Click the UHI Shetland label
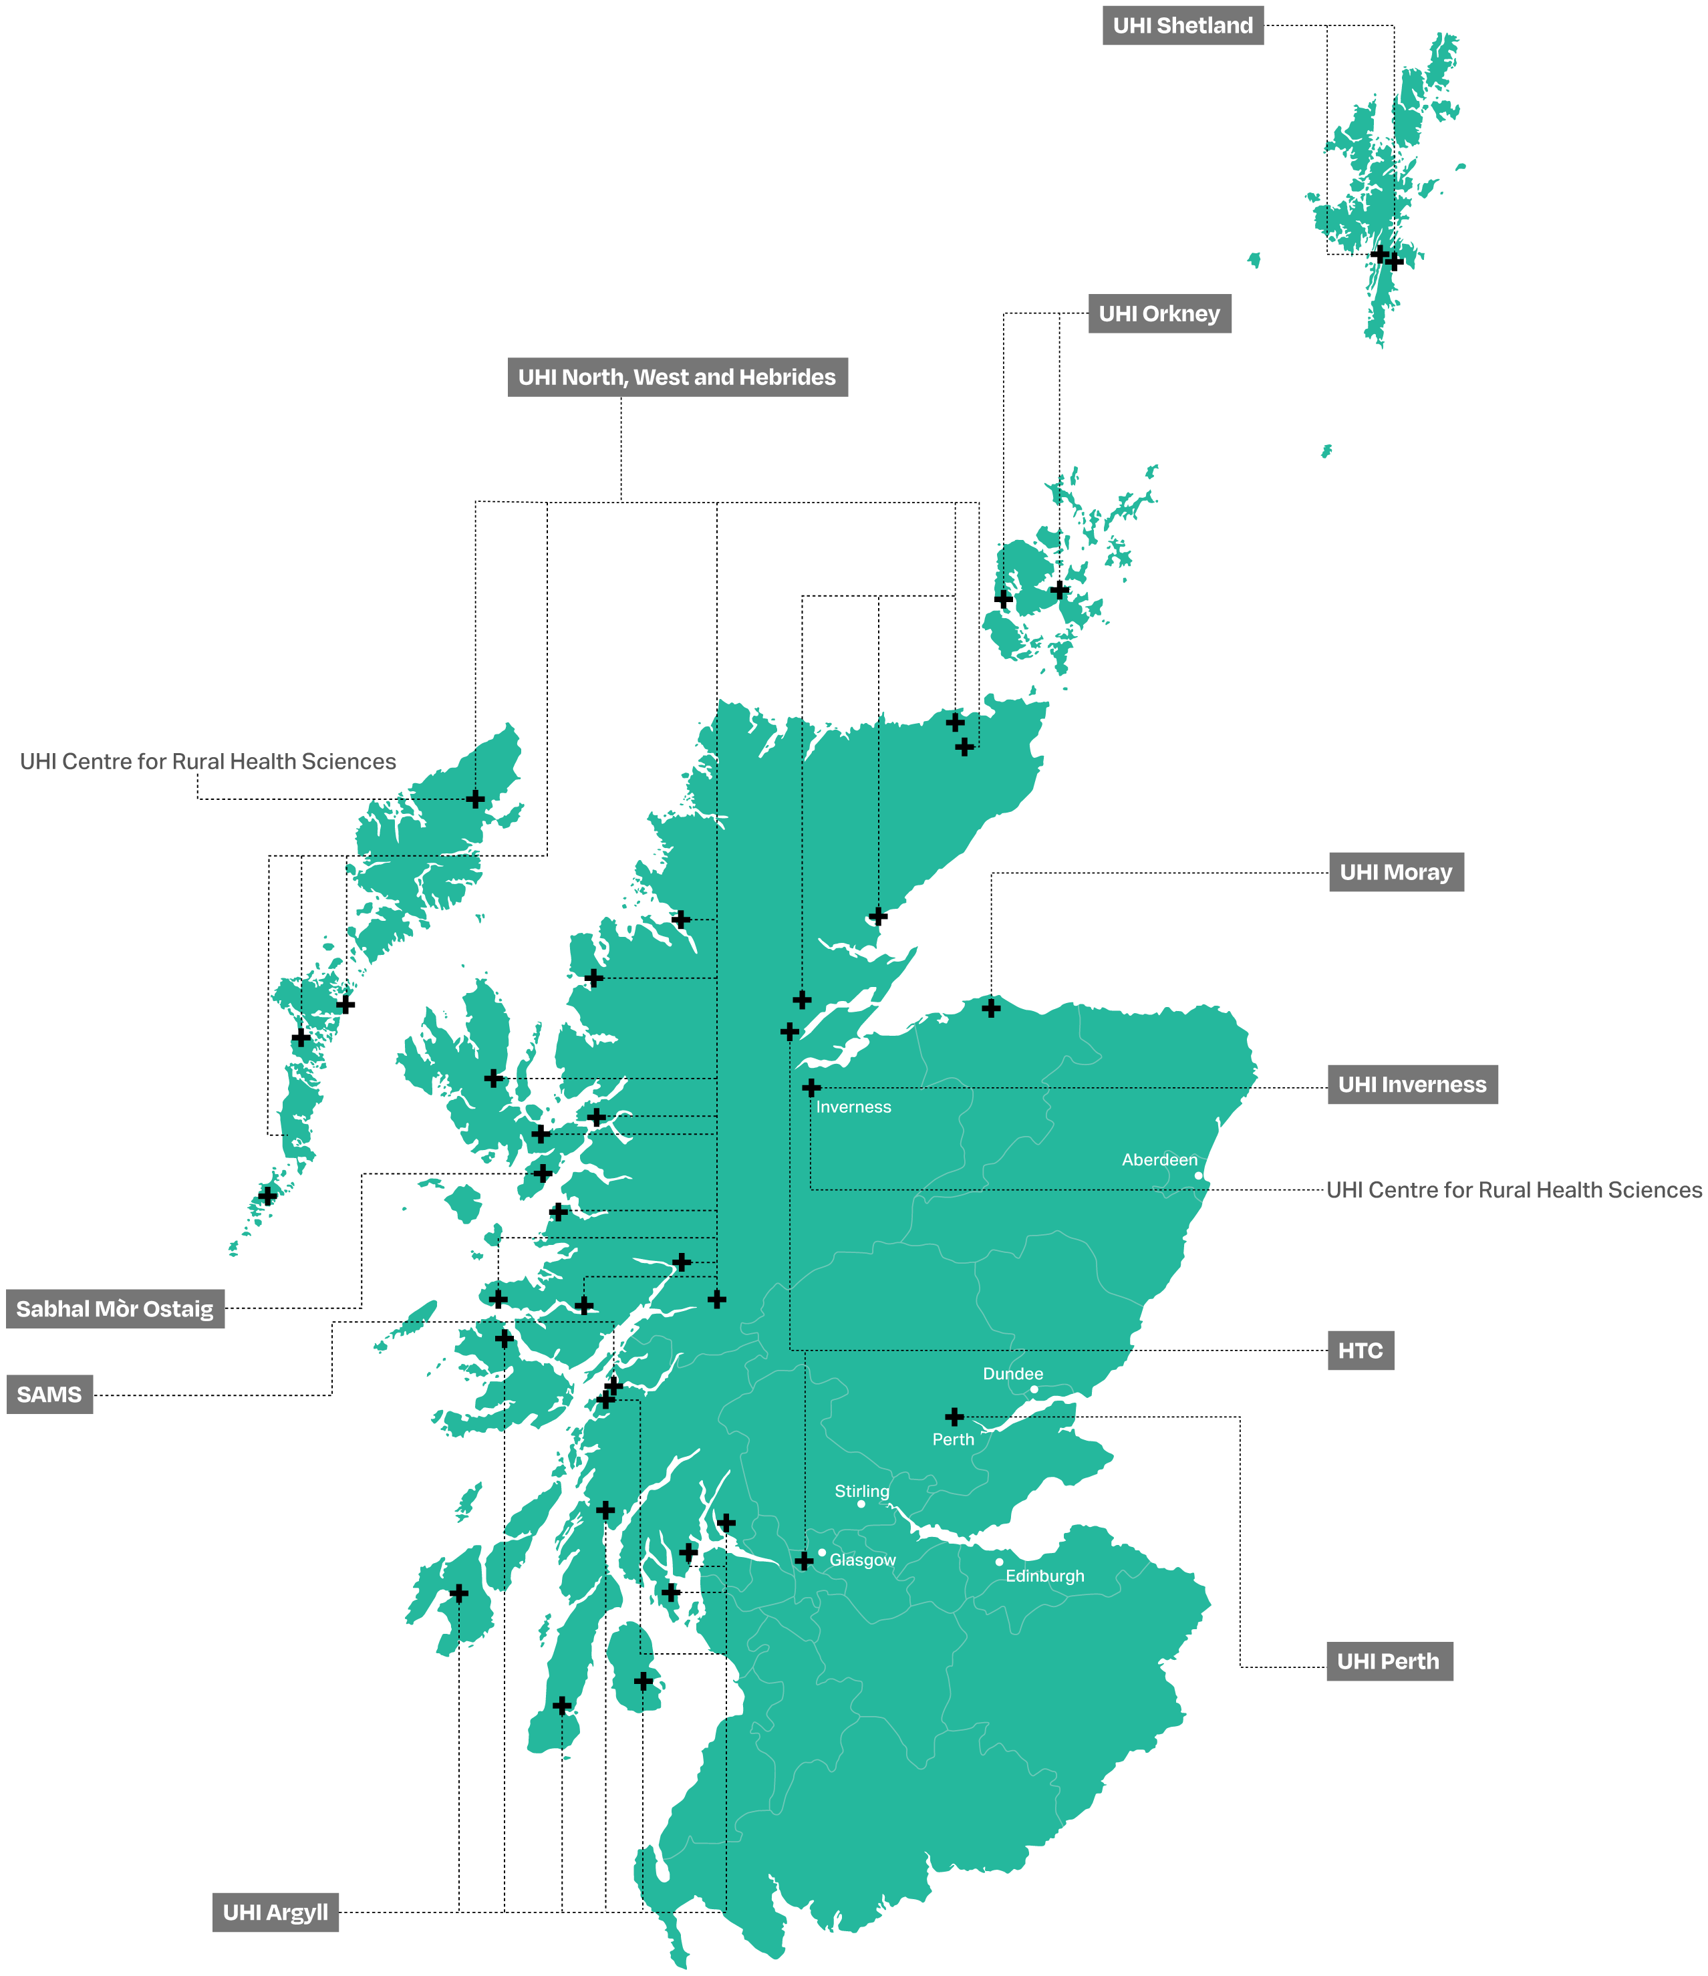(1183, 26)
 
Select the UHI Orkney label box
(1159, 314)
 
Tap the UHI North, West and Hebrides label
(677, 378)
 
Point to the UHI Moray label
(1396, 873)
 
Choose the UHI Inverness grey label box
(1413, 1085)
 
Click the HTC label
(1360, 1351)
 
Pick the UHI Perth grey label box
(1389, 1662)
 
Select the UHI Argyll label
(275, 1913)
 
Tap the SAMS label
(49, 1395)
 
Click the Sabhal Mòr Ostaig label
(116, 1309)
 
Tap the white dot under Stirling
(861, 1504)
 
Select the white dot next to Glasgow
(822, 1552)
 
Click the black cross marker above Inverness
(811, 1087)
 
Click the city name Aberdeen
(1159, 1159)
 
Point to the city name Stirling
(862, 1491)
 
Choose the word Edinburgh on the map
(1045, 1576)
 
